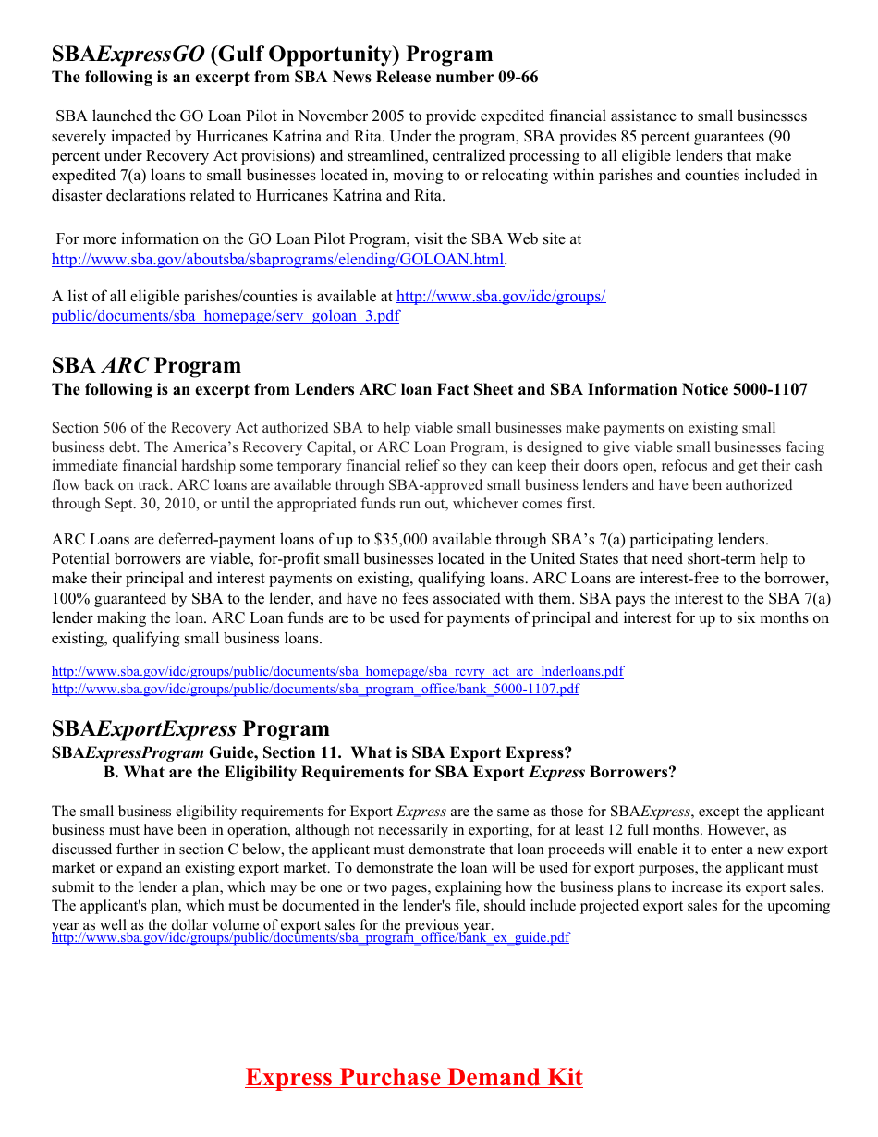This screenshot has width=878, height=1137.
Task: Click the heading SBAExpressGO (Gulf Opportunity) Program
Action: [x=272, y=54]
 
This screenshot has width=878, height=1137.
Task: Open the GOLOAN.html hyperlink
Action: [x=277, y=260]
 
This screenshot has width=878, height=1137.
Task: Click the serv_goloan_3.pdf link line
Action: [x=226, y=316]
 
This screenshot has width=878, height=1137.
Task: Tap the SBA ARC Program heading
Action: [x=146, y=365]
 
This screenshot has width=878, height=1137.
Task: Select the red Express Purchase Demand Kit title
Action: [x=413, y=1077]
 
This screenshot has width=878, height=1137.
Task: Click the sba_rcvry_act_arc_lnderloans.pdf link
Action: [x=337, y=671]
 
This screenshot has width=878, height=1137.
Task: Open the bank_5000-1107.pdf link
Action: [x=315, y=689]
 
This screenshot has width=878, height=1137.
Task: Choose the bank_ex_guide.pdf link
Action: [x=311, y=937]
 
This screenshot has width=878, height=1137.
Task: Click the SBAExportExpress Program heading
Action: [x=190, y=728]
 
